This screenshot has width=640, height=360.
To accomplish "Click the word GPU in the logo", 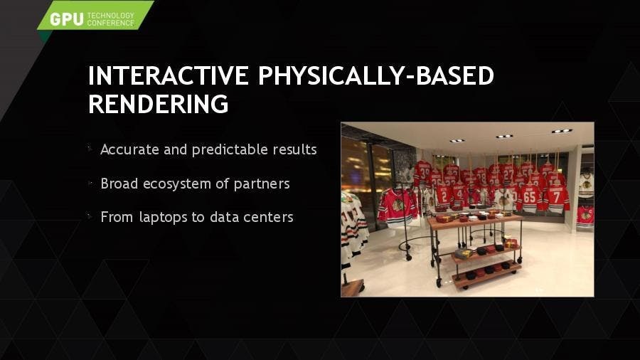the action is [67, 19].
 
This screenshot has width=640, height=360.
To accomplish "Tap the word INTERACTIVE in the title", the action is [168, 75].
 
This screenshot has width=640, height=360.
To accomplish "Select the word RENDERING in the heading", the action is [159, 104].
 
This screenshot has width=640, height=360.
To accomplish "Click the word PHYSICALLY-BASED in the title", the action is [376, 75].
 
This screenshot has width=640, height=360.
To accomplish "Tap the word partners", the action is [262, 184].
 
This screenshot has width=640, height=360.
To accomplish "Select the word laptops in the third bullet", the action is [163, 218].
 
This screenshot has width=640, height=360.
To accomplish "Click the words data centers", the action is [252, 217].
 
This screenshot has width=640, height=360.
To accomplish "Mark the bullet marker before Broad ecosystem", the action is [90, 184].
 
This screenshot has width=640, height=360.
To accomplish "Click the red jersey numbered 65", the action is [530, 198].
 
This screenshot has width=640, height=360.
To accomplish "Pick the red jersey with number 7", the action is [556, 198].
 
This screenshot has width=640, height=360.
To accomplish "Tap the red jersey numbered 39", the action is [423, 173].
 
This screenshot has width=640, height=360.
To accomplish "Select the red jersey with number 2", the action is [444, 196].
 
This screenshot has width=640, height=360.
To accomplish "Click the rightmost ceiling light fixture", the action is [562, 131].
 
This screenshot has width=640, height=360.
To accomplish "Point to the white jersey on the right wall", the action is [586, 184].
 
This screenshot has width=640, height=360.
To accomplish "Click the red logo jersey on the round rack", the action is [398, 207].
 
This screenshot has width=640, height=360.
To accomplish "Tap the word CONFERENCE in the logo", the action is [111, 23].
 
